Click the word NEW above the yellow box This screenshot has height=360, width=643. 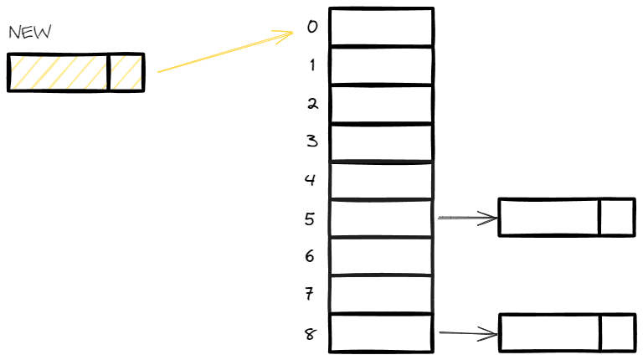pyautogui.click(x=30, y=33)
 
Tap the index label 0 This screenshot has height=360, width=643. pyautogui.click(x=312, y=27)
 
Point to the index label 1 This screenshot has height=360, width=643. pyautogui.click(x=312, y=65)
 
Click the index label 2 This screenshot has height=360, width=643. pyautogui.click(x=312, y=104)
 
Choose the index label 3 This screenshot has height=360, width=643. pyautogui.click(x=312, y=141)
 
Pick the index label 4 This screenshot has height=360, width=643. pyautogui.click(x=311, y=179)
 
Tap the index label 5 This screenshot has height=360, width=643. pyautogui.click(x=311, y=219)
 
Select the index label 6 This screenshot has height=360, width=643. pyautogui.click(x=310, y=256)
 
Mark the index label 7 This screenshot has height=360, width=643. pyautogui.click(x=311, y=294)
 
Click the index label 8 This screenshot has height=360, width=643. pyautogui.click(x=311, y=333)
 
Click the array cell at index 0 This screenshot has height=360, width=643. pyautogui.click(x=381, y=27)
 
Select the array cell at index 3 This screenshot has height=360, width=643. pyautogui.click(x=381, y=142)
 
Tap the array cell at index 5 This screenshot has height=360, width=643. pyautogui.click(x=381, y=219)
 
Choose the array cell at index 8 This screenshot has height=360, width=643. pyautogui.click(x=381, y=333)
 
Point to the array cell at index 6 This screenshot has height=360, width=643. pyautogui.click(x=381, y=256)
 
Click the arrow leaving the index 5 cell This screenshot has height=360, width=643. pyautogui.click(x=467, y=219)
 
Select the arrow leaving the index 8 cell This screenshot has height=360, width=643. pyautogui.click(x=467, y=334)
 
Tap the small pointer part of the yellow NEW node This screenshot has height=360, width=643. pyautogui.click(x=126, y=72)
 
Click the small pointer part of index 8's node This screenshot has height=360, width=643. pyautogui.click(x=617, y=332)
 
